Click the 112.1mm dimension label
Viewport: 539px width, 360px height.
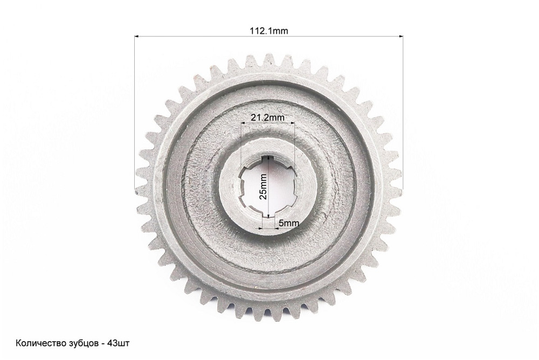[x=269, y=31]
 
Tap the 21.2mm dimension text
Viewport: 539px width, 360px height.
[x=267, y=117]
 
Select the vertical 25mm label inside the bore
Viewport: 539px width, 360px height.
[x=263, y=186]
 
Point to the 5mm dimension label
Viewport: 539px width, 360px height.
[x=289, y=223]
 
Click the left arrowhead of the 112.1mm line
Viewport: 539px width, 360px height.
[x=136, y=36]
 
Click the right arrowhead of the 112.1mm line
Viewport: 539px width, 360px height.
[x=401, y=36]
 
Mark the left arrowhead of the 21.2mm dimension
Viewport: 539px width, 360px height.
[x=244, y=123]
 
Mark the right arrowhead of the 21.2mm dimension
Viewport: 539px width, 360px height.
[x=293, y=123]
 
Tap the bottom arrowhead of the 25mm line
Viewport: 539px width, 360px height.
[x=268, y=215]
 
